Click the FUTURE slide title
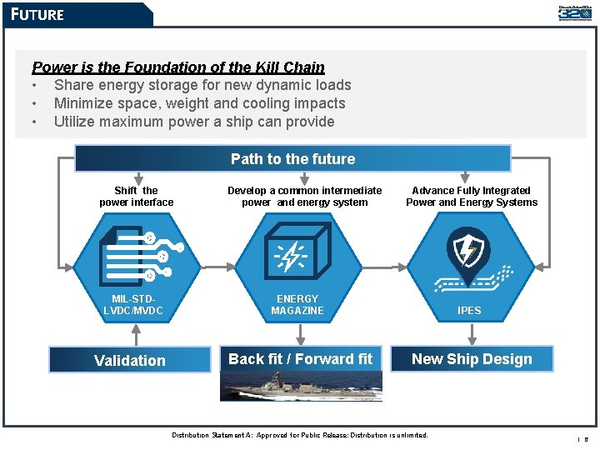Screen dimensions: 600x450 pos(37,14)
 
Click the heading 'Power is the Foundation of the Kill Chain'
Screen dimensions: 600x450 pos(177,67)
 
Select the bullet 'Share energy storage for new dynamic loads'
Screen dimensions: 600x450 pos(202,85)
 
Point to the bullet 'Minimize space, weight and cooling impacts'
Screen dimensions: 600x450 pos(199,103)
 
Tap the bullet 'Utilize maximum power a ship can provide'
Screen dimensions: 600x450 pos(194,122)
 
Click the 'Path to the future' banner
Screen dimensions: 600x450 pos(292,159)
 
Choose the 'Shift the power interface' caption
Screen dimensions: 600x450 pos(137,197)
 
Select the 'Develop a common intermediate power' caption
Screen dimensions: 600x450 pos(305,197)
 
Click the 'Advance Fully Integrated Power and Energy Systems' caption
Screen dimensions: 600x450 pos(472,197)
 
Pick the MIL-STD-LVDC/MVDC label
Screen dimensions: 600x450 pos(133,305)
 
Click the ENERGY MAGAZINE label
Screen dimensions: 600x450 pos(297,305)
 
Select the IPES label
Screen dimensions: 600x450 pos(469,310)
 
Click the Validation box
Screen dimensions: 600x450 pos(130,360)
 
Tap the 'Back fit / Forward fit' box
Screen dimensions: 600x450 pos(301,359)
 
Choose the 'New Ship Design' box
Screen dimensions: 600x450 pos(472,359)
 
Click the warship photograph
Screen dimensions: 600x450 pos(301,386)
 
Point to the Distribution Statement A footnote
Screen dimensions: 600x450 pos(300,435)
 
